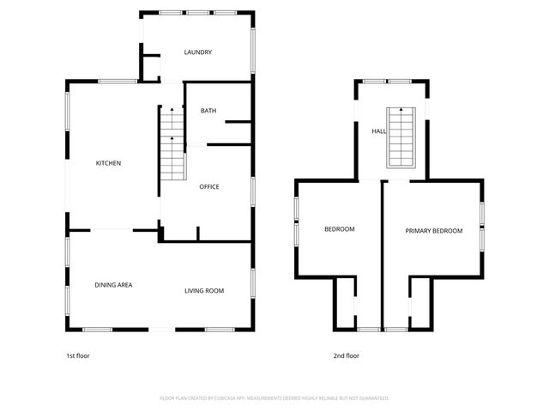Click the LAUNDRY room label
click(198, 53)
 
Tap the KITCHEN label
click(107, 163)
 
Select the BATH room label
click(208, 111)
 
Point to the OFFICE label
click(209, 187)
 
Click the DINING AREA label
click(113, 285)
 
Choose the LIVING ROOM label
click(204, 291)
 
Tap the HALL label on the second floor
click(378, 131)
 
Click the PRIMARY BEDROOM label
click(434, 230)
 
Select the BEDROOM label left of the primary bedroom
click(339, 229)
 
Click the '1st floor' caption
click(77, 355)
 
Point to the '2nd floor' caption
click(347, 355)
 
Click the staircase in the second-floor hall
click(400, 138)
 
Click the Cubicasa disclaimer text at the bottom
click(274, 398)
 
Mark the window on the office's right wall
click(253, 190)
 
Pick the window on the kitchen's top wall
click(118, 82)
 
